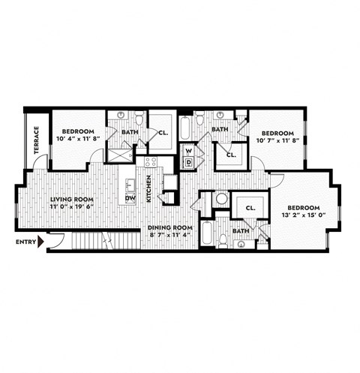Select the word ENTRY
25,242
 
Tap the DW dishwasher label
130,198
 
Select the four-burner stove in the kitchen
150,161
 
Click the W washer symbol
189,151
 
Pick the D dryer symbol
189,162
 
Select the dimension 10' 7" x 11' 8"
276,138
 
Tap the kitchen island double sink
130,183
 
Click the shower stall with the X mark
118,153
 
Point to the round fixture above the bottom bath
221,200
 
